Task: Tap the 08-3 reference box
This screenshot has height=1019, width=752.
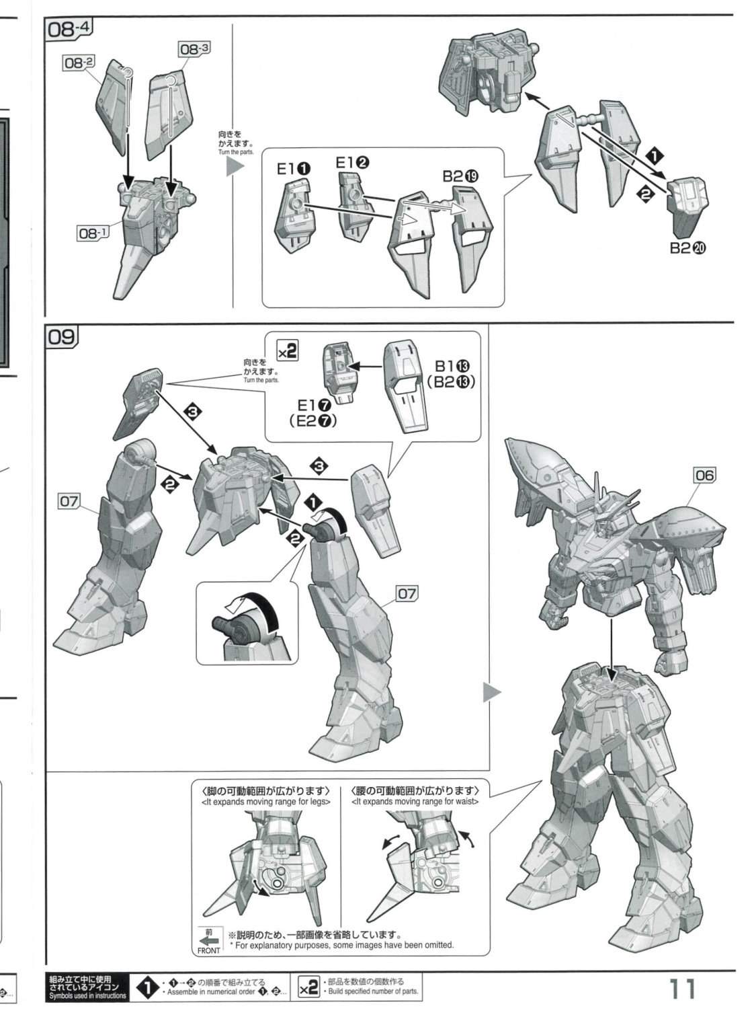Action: tap(195, 48)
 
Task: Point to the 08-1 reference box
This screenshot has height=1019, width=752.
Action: tap(92, 233)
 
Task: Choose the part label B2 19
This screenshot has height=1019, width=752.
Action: tap(460, 176)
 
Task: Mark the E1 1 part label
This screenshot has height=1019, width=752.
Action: tap(294, 169)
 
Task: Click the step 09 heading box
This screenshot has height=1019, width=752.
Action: tap(62, 337)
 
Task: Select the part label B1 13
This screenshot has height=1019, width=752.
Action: tap(452, 366)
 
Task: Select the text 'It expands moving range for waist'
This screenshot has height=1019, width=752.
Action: tap(415, 801)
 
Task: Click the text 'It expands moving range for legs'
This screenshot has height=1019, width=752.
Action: tap(266, 801)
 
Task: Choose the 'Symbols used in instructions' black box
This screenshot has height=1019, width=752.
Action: tap(87, 987)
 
